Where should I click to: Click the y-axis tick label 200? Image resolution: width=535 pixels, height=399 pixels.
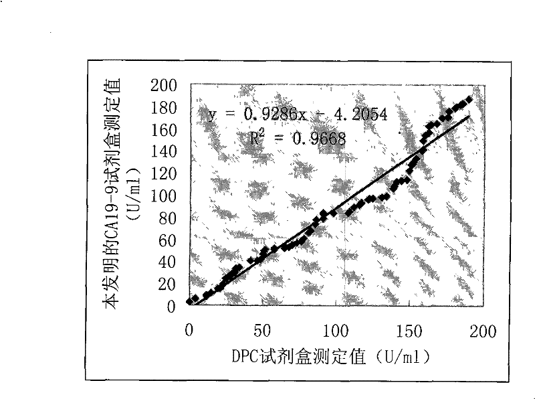tap(165, 85)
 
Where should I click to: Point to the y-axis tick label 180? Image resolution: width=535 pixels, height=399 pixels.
tap(165, 107)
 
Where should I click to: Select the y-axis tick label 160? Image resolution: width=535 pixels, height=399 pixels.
tap(165, 129)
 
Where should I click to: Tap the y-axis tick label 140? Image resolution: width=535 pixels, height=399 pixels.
tap(165, 151)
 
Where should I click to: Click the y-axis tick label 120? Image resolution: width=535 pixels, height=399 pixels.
tap(165, 173)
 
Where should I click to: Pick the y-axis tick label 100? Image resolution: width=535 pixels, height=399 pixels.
tap(165, 195)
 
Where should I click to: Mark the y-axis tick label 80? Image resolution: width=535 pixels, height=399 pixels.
tap(168, 218)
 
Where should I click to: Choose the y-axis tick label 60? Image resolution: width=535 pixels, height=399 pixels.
tap(168, 240)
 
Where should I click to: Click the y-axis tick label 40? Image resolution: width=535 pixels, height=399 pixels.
tap(168, 262)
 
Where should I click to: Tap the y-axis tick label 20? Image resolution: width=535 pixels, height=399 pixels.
tap(168, 284)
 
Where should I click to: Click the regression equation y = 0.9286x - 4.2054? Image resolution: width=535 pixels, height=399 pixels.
tap(295, 115)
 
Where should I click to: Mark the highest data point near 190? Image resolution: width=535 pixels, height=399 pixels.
tap(469, 99)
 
